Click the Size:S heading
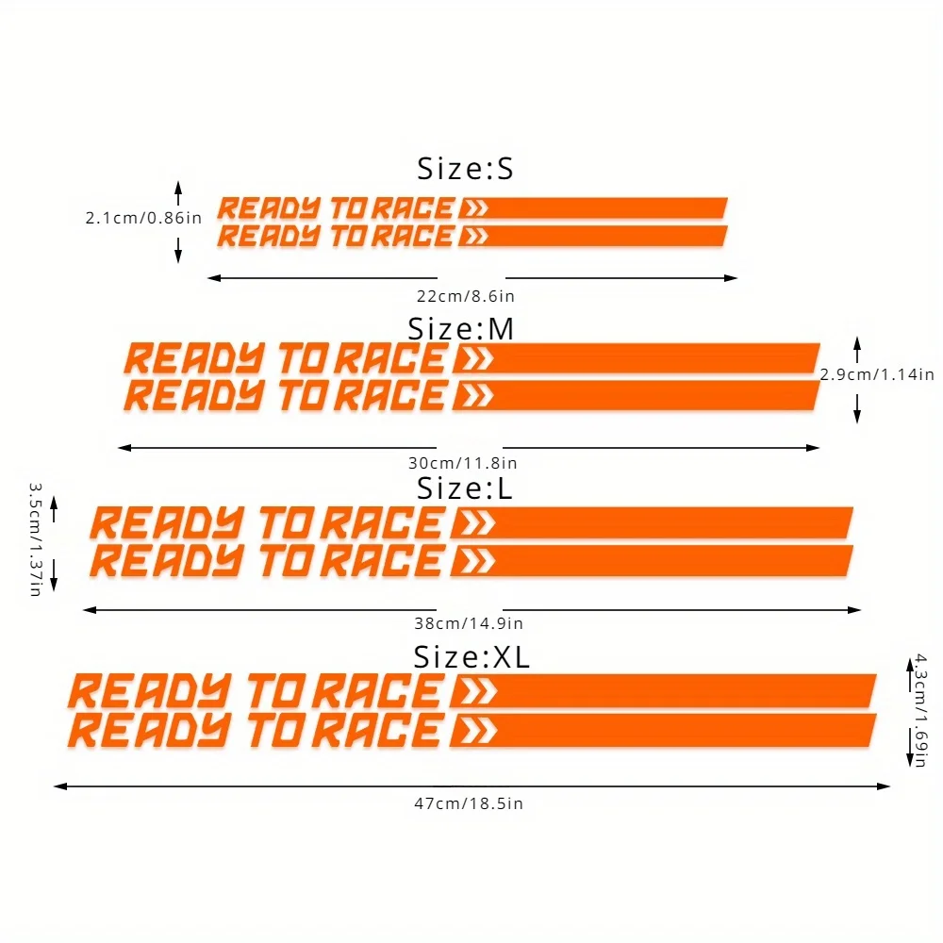tap(466, 169)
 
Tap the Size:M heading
tap(461, 329)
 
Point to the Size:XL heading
tap(471, 656)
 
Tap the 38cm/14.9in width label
tap(469, 623)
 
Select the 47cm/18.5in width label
tap(469, 803)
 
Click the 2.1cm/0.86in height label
tap(143, 218)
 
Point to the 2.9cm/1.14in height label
tap(877, 374)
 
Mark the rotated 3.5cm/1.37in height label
tap(36, 539)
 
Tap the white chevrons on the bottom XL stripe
tap(477, 731)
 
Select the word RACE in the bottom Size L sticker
tap(382, 561)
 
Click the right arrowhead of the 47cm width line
tap(885, 786)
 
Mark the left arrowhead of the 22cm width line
tap(213, 278)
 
